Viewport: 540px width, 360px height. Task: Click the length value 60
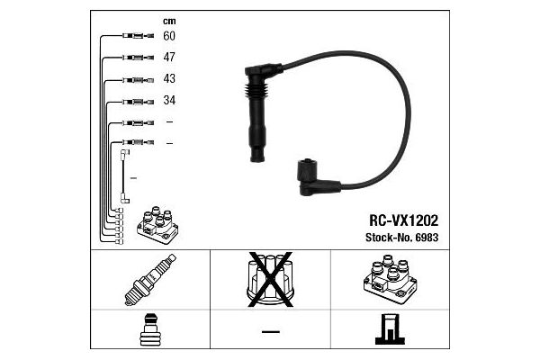click(x=169, y=36)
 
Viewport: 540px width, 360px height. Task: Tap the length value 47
click(x=169, y=58)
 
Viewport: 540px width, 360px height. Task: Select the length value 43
click(x=169, y=78)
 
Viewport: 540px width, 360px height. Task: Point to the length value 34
click(x=169, y=100)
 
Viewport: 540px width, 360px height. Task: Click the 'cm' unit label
click(x=169, y=22)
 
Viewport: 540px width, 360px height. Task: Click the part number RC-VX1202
click(x=403, y=220)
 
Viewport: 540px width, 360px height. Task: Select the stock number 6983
click(x=427, y=238)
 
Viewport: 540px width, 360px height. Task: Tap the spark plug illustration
click(x=150, y=280)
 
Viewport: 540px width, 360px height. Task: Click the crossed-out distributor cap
click(x=271, y=279)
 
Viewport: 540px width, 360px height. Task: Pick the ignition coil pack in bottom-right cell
click(x=391, y=279)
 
